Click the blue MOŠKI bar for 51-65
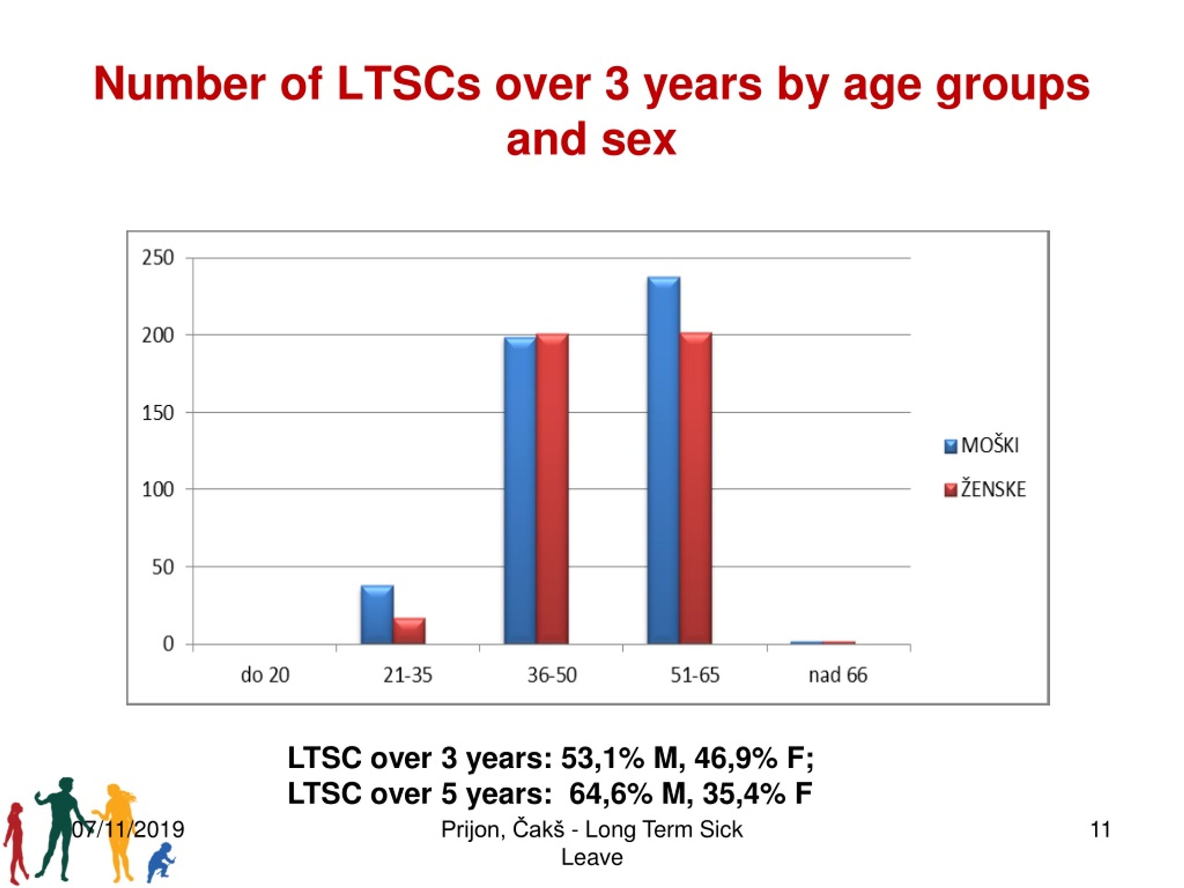click(664, 460)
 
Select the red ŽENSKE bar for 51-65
click(696, 488)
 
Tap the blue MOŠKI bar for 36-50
click(520, 490)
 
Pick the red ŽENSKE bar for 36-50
click(552, 489)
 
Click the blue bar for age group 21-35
click(377, 615)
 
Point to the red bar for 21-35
click(409, 630)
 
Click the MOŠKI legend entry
click(982, 445)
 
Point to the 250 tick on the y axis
click(158, 258)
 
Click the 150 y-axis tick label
click(158, 413)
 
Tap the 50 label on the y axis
click(163, 567)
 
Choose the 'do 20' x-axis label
click(265, 675)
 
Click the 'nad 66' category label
click(838, 675)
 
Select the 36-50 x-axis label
click(552, 675)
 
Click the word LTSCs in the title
click(409, 84)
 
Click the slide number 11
click(1100, 830)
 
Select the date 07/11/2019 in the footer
click(128, 830)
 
